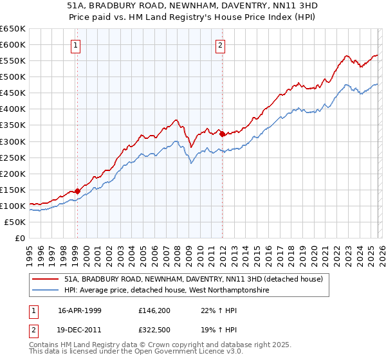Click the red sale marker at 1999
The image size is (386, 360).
pyautogui.click(x=77, y=191)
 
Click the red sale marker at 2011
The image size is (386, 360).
pyautogui.click(x=222, y=134)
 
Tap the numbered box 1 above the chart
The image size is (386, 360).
pyautogui.click(x=77, y=45)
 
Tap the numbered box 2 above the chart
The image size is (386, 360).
pyautogui.click(x=221, y=45)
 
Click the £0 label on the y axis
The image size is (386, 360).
pyautogui.click(x=19, y=238)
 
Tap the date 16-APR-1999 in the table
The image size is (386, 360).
pyautogui.click(x=79, y=310)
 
